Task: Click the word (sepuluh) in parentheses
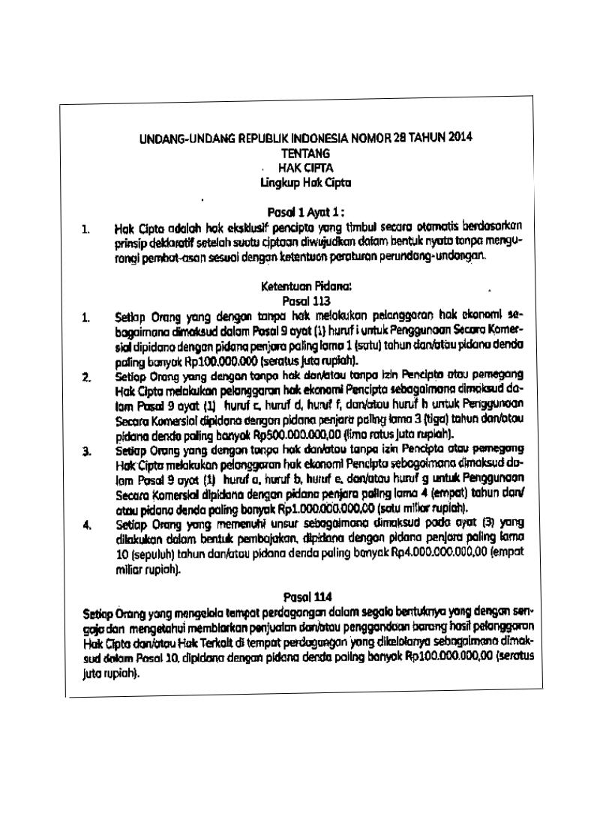tap(140, 552)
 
